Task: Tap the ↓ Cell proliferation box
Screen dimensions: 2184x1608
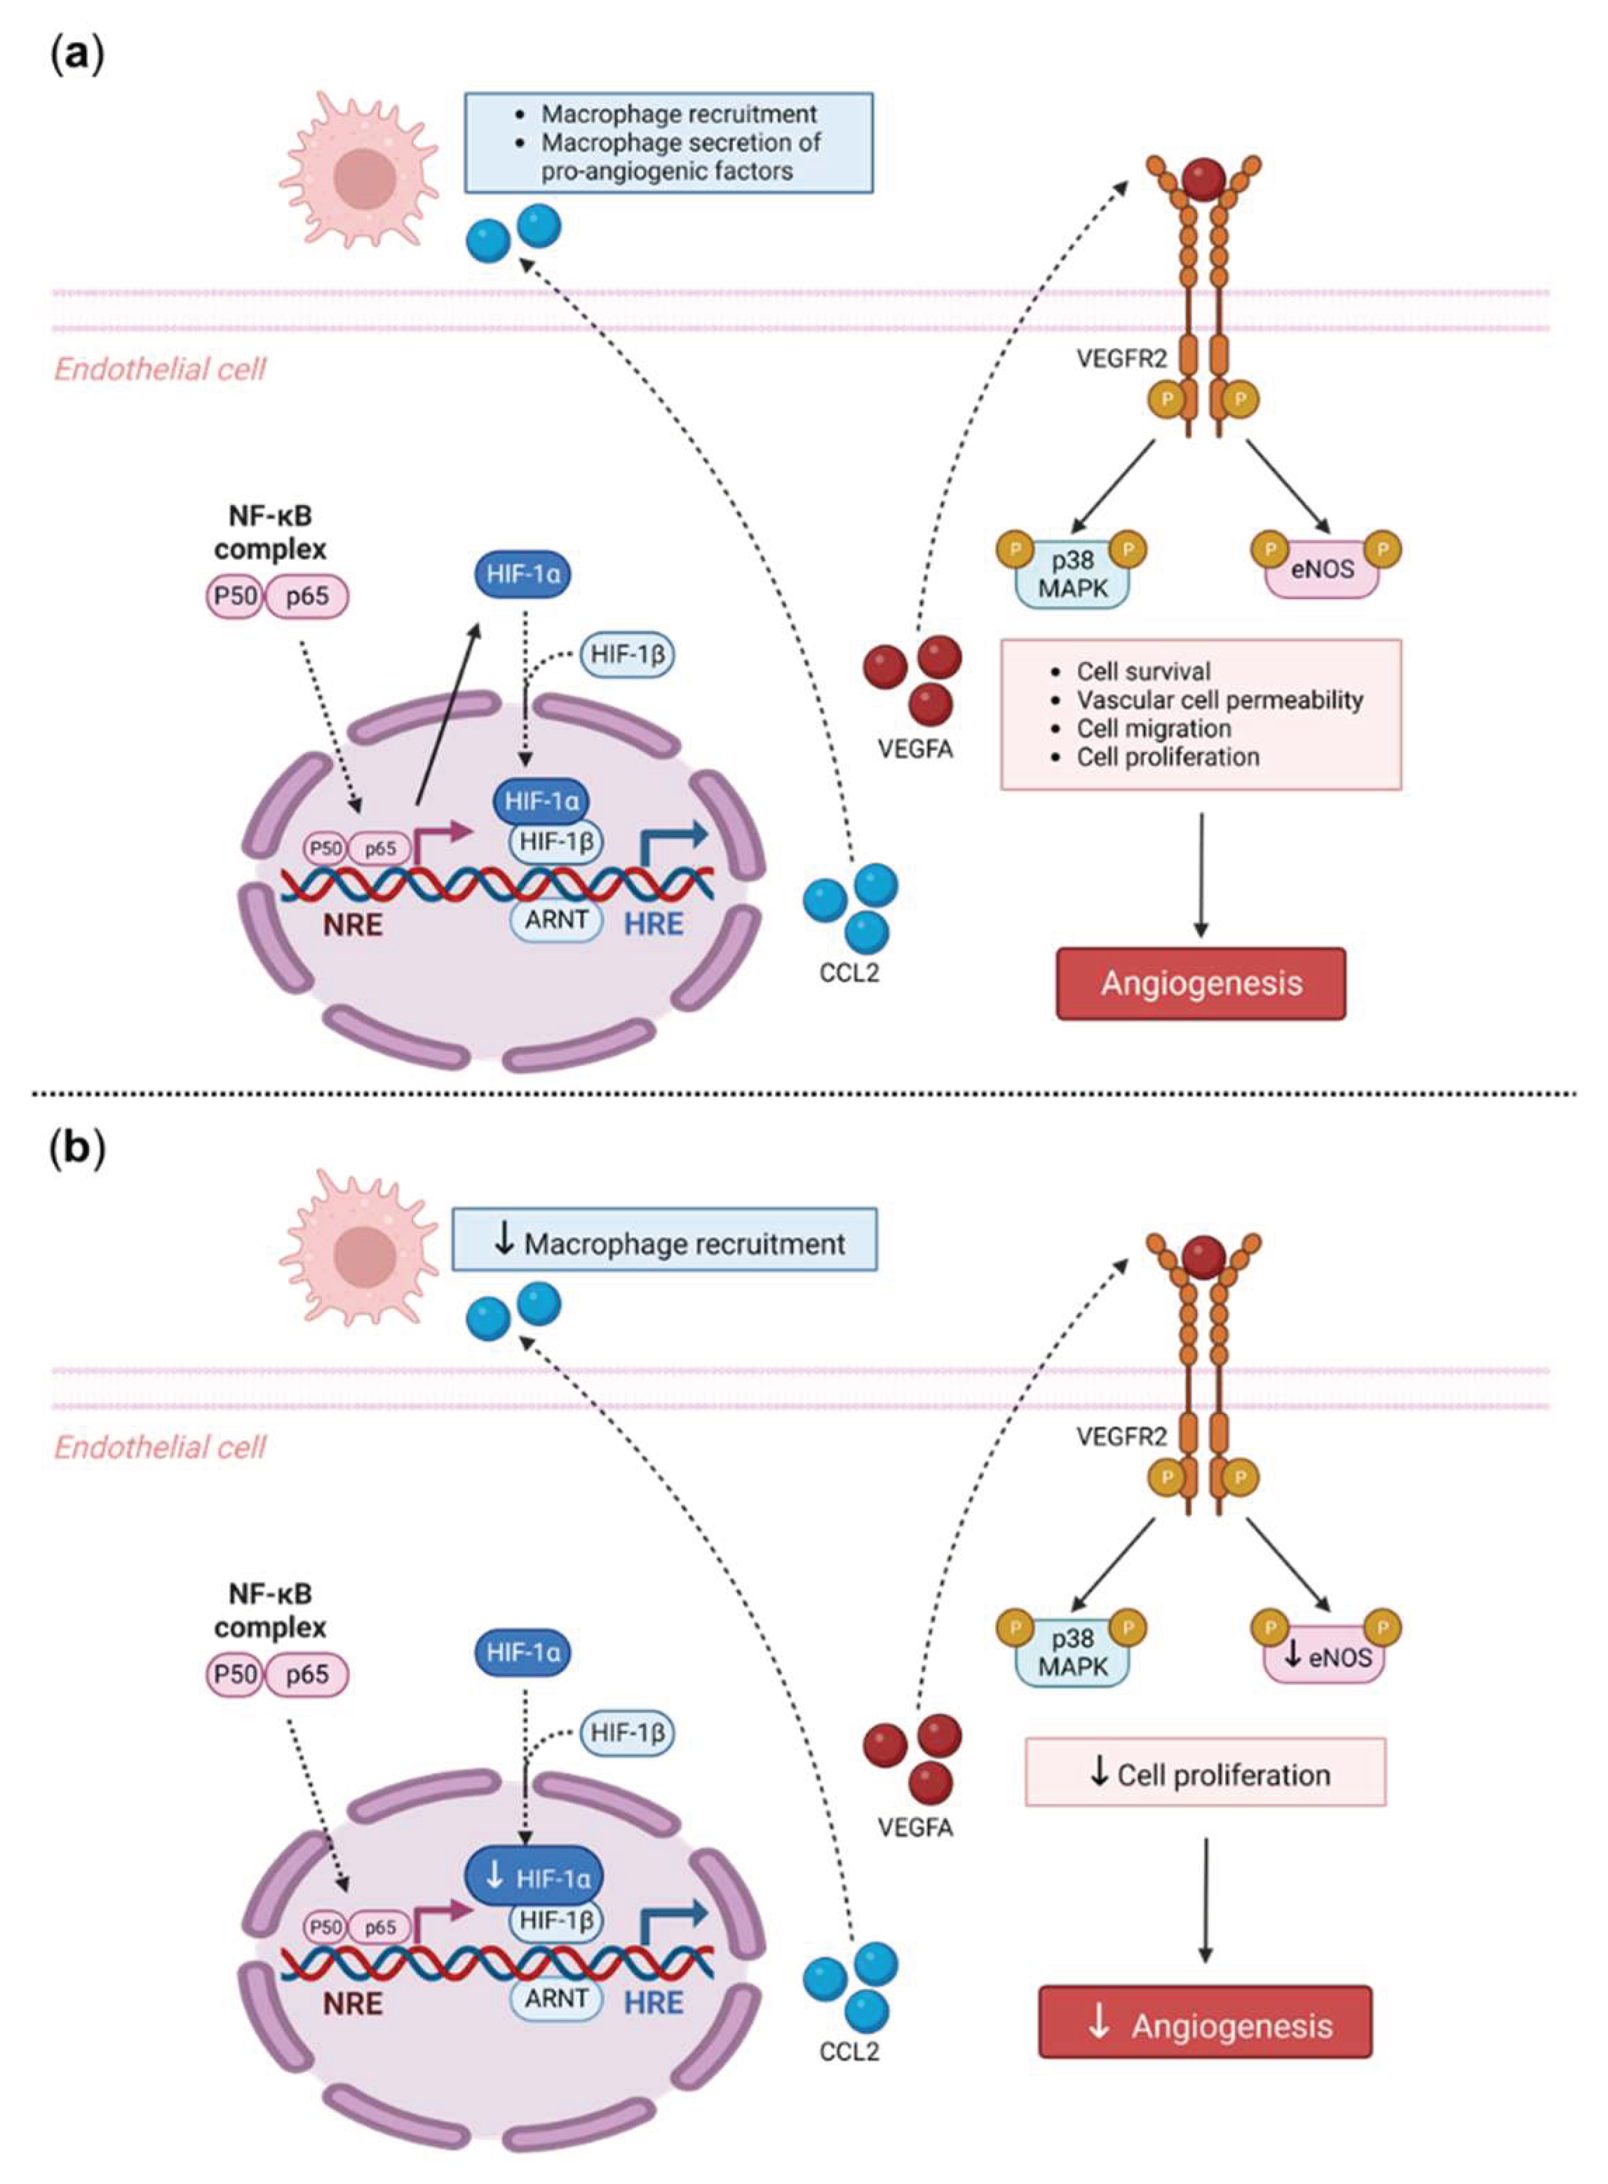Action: (1205, 1774)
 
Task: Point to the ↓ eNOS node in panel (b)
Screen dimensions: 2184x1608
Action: (1324, 1657)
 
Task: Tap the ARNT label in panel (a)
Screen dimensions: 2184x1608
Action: (557, 919)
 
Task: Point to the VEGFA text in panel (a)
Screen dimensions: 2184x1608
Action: (915, 750)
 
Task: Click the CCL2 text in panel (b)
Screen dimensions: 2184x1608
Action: (849, 2051)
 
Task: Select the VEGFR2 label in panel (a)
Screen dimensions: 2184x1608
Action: (1121, 358)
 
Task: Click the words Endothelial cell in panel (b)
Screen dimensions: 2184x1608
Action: (160, 1448)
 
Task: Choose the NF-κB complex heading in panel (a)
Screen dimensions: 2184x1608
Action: (269, 532)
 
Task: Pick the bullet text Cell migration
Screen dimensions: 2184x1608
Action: (1154, 728)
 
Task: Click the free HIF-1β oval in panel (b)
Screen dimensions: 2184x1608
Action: (628, 1732)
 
